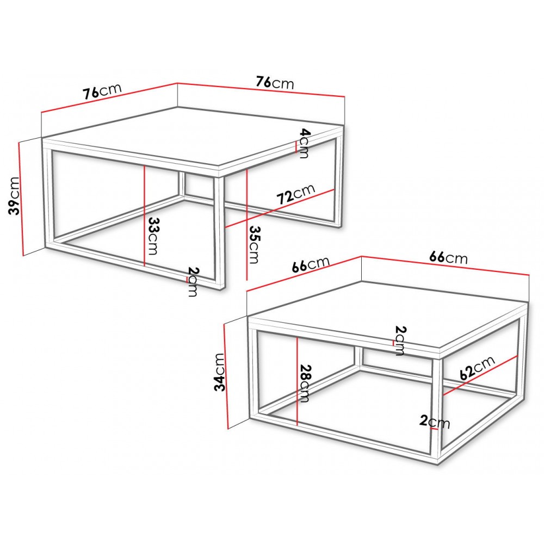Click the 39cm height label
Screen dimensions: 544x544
pyautogui.click(x=15, y=195)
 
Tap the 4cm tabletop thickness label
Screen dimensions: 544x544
pyautogui.click(x=303, y=143)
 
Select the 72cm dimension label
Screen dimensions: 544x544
pyautogui.click(x=296, y=194)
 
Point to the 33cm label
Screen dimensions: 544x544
pyautogui.click(x=153, y=236)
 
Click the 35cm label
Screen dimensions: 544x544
pyautogui.click(x=254, y=245)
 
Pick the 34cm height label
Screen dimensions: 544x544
pyautogui.click(x=220, y=372)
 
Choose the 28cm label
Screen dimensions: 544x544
pyautogui.click(x=304, y=384)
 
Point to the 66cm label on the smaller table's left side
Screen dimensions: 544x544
pyautogui.click(x=311, y=264)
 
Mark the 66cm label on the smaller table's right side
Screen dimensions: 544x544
pyautogui.click(x=448, y=257)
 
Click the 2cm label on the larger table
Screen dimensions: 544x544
pyautogui.click(x=193, y=281)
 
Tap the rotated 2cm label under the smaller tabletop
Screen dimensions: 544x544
pyautogui.click(x=400, y=341)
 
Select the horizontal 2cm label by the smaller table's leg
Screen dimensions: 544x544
pyautogui.click(x=434, y=422)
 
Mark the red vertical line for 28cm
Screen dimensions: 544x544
pyautogui.click(x=298, y=381)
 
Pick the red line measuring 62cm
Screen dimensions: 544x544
pyautogui.click(x=480, y=375)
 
